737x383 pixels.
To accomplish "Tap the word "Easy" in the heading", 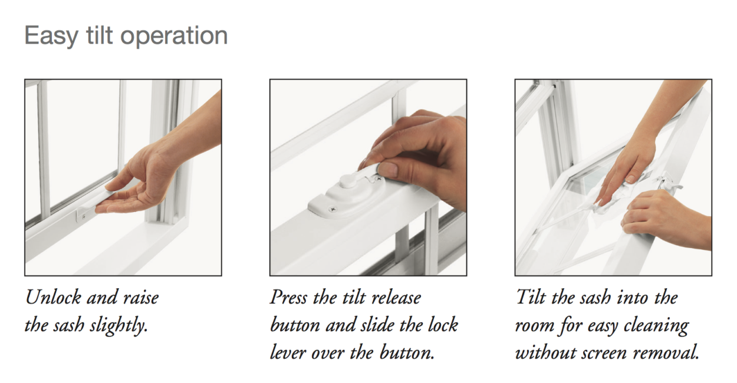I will pos(51,37).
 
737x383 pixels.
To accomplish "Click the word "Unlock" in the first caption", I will pos(53,298).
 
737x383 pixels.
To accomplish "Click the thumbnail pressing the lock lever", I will pos(387,170).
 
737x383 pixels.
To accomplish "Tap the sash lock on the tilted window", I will pos(666,186).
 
